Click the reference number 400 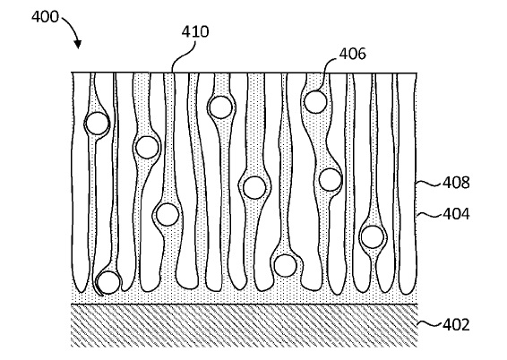pyautogui.click(x=45, y=16)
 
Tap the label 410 pyautogui.click(x=195, y=31)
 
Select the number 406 pyautogui.click(x=352, y=54)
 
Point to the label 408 pyautogui.click(x=456, y=183)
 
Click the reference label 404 pyautogui.click(x=456, y=214)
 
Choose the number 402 pyautogui.click(x=456, y=325)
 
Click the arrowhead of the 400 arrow pyautogui.click(x=78, y=45)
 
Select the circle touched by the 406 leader pyautogui.click(x=315, y=102)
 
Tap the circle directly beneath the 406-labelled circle pyautogui.click(x=331, y=180)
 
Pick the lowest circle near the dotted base pyautogui.click(x=108, y=282)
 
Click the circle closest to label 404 pyautogui.click(x=373, y=237)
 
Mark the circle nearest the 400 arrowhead pyautogui.click(x=97, y=123)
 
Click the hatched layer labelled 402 pyautogui.click(x=245, y=326)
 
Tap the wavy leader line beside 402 pyautogui.click(x=429, y=324)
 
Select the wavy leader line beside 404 pyautogui.click(x=429, y=214)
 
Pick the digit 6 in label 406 pyautogui.click(x=362, y=54)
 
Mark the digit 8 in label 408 pyautogui.click(x=465, y=183)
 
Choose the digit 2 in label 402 pyautogui.click(x=465, y=325)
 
